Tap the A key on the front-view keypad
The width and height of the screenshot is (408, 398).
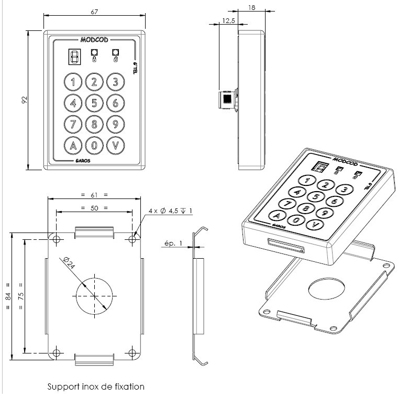click(x=73, y=145)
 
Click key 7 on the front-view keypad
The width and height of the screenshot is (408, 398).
click(x=73, y=124)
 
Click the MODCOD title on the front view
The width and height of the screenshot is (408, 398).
click(x=94, y=39)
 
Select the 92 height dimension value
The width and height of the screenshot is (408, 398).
click(x=25, y=99)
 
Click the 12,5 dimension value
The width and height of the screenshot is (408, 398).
click(x=228, y=20)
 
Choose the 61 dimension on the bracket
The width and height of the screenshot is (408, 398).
click(x=94, y=194)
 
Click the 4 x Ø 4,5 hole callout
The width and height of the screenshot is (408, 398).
click(x=171, y=211)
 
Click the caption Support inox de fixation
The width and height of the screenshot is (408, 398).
click(x=96, y=387)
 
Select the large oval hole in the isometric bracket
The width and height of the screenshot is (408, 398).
click(x=327, y=289)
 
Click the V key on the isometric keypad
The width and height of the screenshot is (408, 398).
click(x=314, y=225)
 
